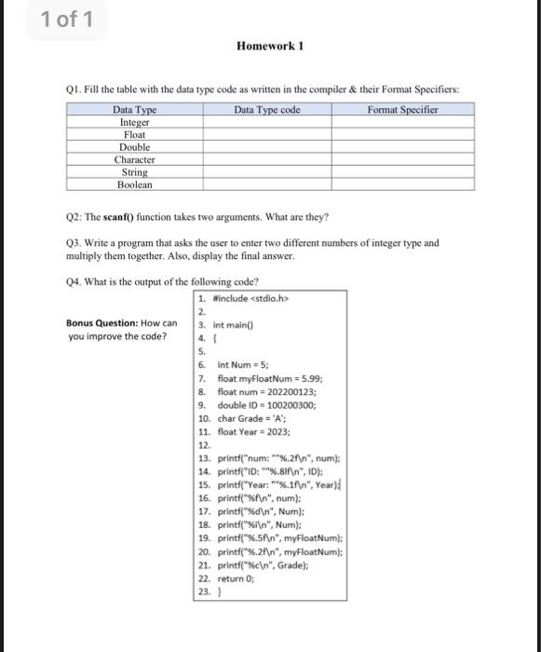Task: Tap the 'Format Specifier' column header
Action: pyautogui.click(x=403, y=110)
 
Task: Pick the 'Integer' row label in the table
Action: pyautogui.click(x=135, y=122)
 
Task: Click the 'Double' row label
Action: pyautogui.click(x=135, y=147)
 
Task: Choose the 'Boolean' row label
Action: pyautogui.click(x=135, y=184)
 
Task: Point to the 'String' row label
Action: pyautogui.click(x=135, y=172)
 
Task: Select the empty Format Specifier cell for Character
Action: pyautogui.click(x=403, y=159)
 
